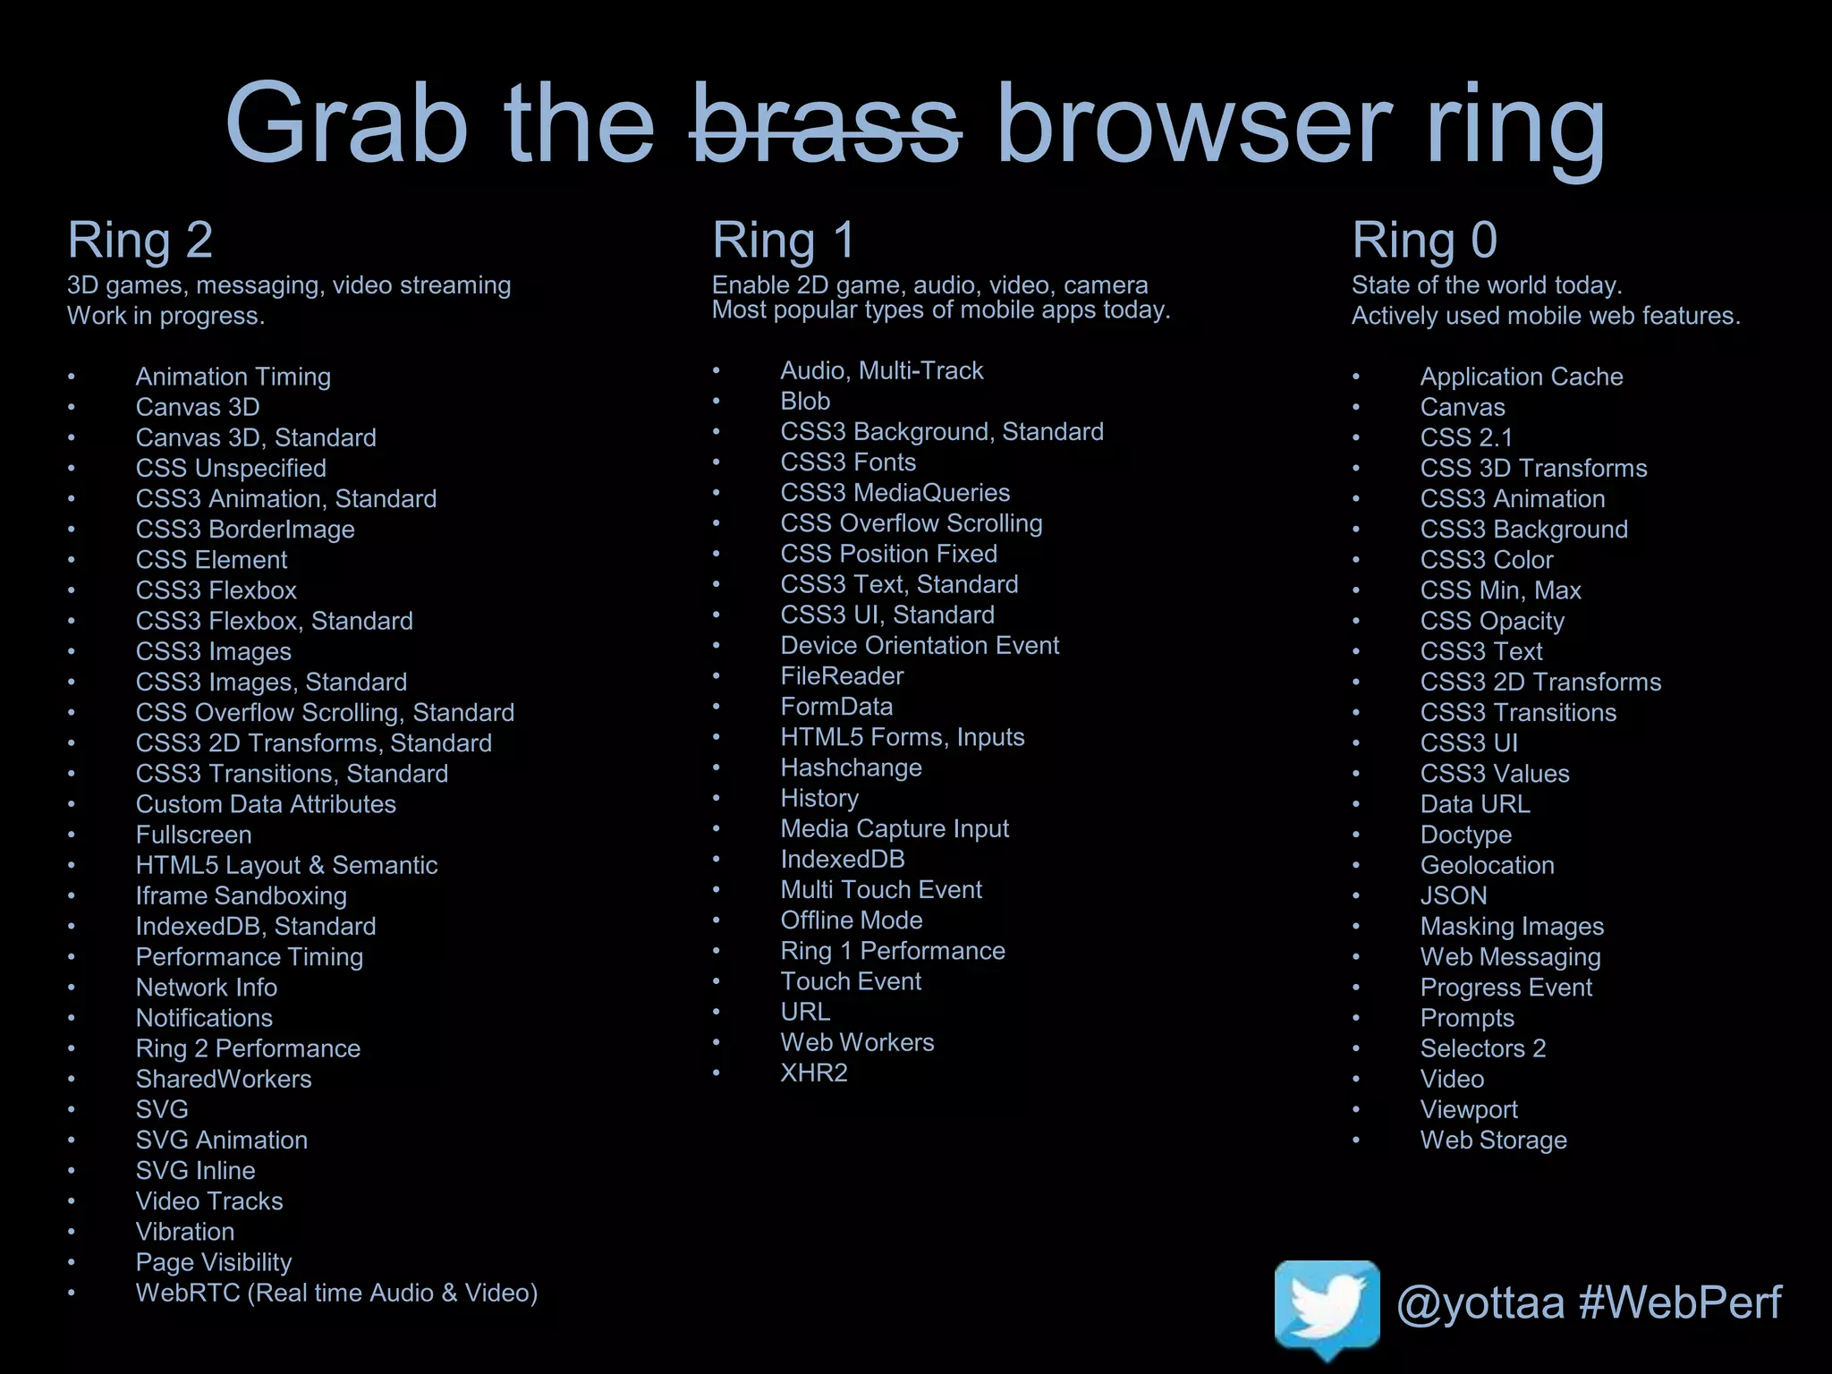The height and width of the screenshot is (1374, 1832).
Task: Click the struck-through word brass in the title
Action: click(825, 125)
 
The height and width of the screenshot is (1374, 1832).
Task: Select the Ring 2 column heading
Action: click(140, 240)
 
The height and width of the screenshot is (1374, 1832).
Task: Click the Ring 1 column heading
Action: click(784, 240)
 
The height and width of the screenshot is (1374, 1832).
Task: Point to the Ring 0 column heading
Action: click(1424, 240)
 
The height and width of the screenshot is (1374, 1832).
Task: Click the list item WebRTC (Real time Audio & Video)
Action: click(336, 1293)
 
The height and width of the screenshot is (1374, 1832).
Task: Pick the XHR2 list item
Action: click(813, 1073)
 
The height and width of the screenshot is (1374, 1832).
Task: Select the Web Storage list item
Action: click(1493, 1141)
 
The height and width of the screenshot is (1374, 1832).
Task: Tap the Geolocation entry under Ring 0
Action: click(1487, 865)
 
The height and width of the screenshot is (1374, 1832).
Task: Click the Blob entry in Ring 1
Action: click(805, 402)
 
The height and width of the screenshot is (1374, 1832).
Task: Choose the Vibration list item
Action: click(185, 1232)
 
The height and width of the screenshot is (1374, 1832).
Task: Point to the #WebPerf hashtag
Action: click(1680, 1302)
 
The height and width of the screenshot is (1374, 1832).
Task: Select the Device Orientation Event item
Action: click(919, 646)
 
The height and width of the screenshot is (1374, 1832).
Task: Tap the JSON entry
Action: click(1454, 895)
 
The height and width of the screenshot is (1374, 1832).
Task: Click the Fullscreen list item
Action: click(193, 835)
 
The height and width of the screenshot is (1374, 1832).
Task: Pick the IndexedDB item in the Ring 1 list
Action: click(842, 860)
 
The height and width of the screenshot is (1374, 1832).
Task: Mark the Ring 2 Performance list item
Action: click(248, 1048)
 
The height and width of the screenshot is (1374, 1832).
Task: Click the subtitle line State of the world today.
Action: click(1486, 285)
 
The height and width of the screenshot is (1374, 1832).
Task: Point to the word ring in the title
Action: click(1515, 125)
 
